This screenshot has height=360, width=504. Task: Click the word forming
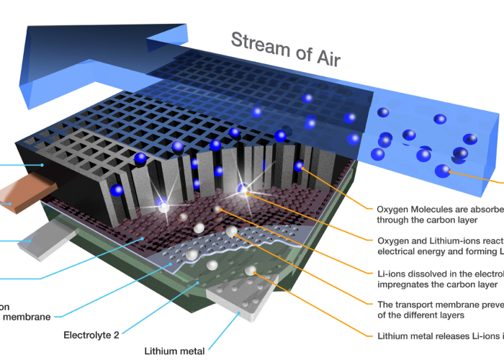tap(482, 251)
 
